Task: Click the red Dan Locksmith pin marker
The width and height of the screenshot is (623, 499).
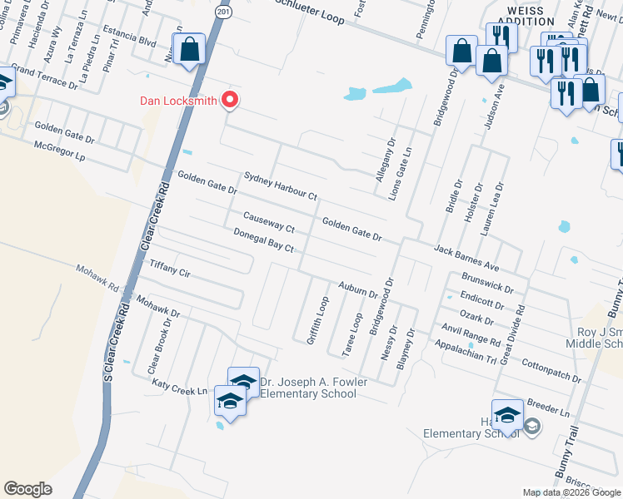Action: point(228,100)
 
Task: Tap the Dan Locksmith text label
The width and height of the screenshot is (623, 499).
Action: point(177,101)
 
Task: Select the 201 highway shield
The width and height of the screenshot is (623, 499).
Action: point(220,12)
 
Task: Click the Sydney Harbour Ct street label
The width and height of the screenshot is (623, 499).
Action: point(281,186)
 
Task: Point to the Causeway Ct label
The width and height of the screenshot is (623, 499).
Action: point(268,222)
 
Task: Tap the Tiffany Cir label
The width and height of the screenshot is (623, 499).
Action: point(170,268)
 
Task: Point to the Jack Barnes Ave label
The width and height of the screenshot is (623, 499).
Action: point(466,256)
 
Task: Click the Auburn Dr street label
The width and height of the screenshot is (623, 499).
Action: point(358,289)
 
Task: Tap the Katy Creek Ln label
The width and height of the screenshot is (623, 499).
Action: point(179,387)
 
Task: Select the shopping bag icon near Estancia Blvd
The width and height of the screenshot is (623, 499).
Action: point(190,49)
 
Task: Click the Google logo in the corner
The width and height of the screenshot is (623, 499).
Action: point(27,489)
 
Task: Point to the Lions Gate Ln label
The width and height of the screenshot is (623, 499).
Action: point(407,172)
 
